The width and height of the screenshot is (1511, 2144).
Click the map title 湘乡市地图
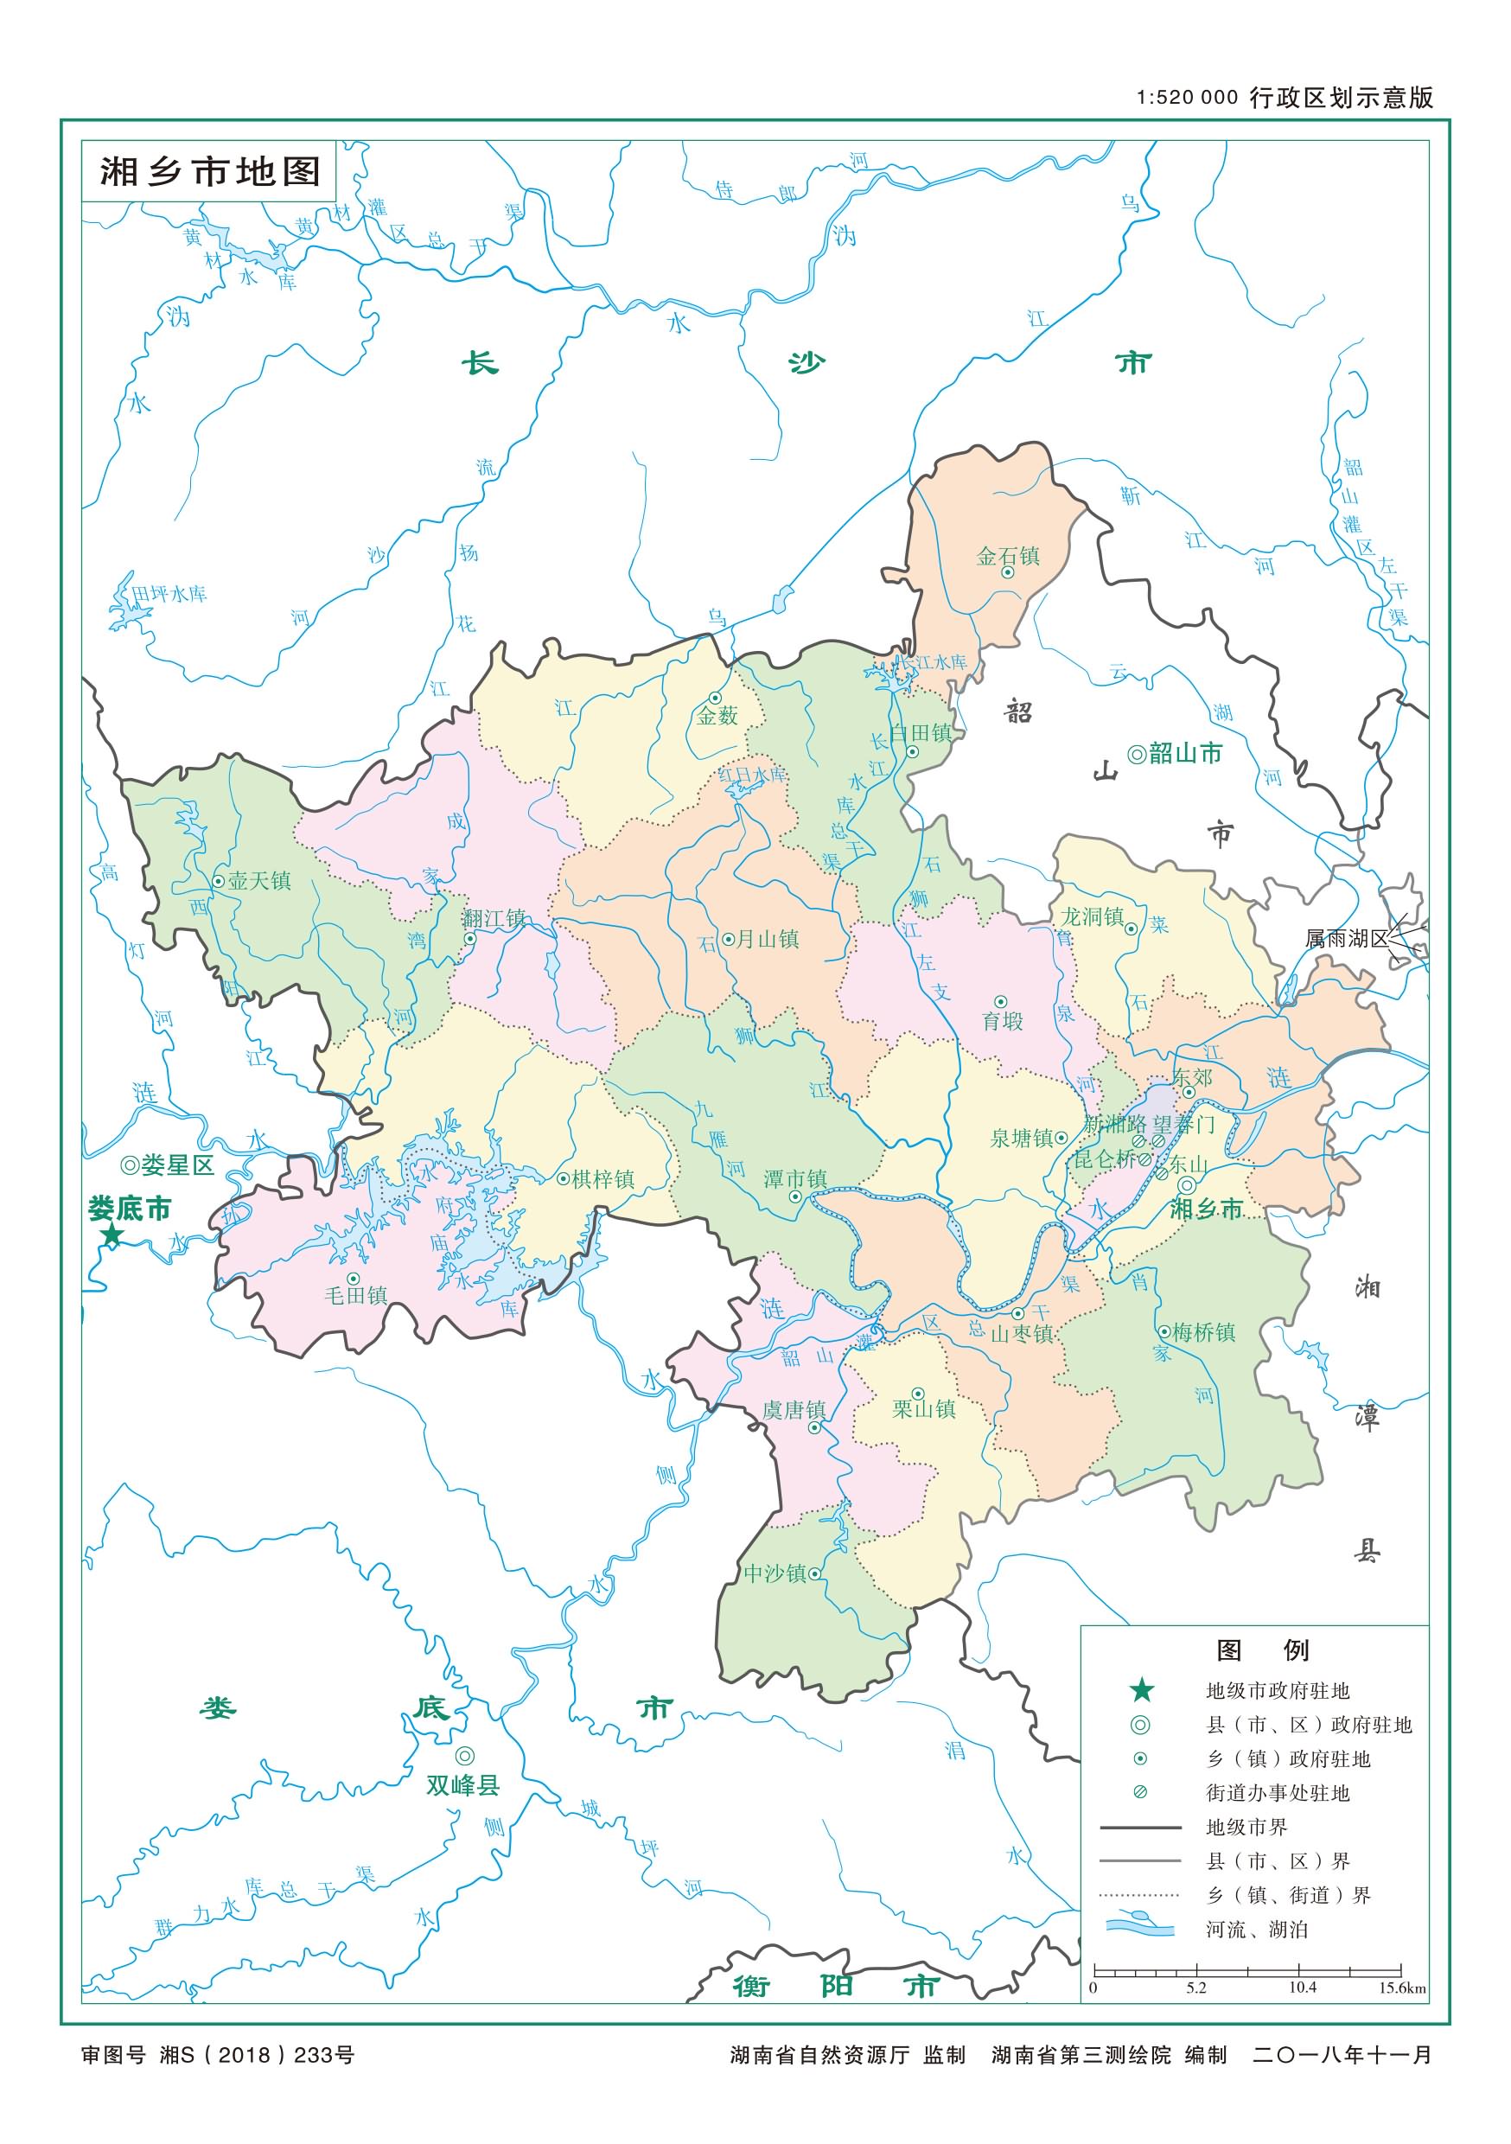(210, 172)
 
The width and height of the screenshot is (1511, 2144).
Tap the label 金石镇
(1008, 557)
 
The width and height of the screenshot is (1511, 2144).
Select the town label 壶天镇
(258, 881)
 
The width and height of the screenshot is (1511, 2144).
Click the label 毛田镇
(355, 1295)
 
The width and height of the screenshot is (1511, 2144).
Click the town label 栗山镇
(923, 1409)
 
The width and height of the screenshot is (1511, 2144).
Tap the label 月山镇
(768, 940)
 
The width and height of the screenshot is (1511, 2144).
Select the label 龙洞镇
(1092, 917)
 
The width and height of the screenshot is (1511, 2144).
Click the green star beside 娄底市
(112, 1237)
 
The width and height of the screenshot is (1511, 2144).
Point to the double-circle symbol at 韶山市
(1137, 755)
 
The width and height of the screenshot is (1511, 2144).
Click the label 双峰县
(463, 1785)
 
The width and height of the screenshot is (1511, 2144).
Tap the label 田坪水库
(169, 594)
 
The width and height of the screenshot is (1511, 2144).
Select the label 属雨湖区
(1347, 940)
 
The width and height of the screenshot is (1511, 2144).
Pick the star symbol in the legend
(1141, 1690)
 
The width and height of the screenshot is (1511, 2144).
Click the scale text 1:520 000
(1187, 98)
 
